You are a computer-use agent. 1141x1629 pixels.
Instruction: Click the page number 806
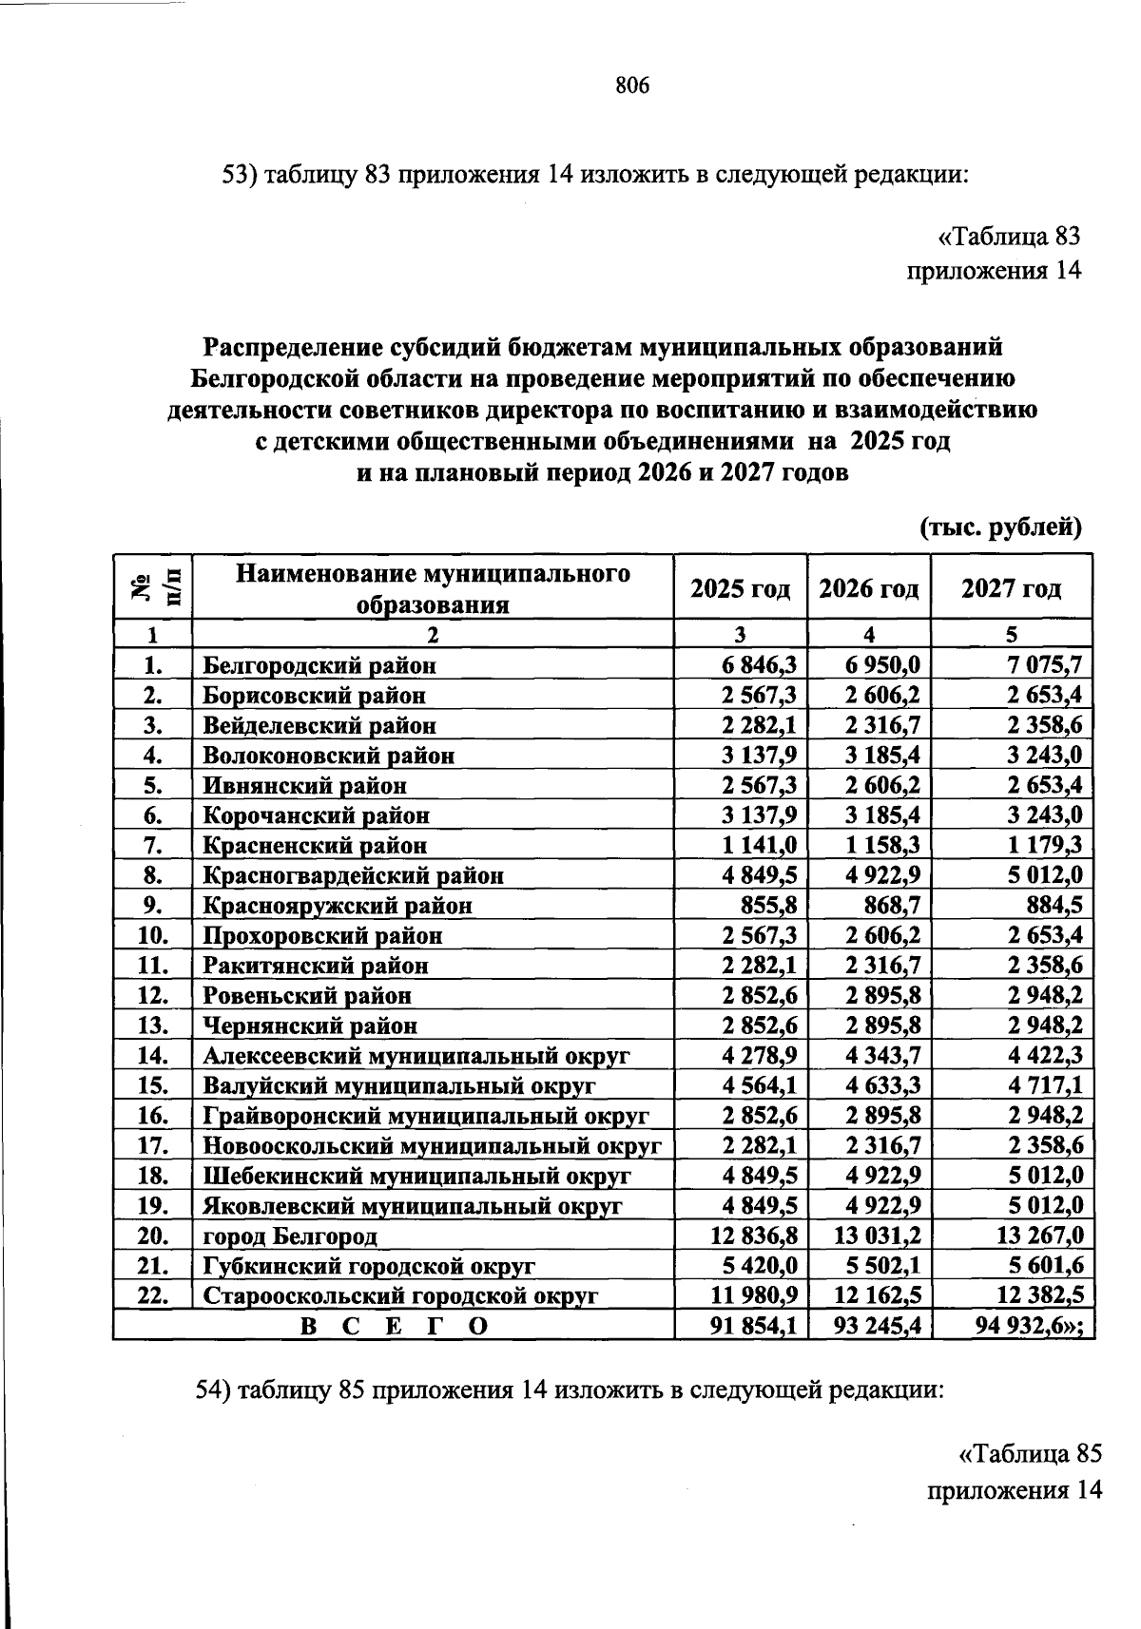pyautogui.click(x=632, y=86)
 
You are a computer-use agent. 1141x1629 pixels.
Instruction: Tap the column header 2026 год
pyautogui.click(x=869, y=589)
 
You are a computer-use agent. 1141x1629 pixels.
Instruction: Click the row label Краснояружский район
pyautogui.click(x=338, y=906)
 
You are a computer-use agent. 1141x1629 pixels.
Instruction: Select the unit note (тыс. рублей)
pyautogui.click(x=1000, y=527)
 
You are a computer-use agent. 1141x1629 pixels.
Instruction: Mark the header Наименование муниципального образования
pyautogui.click(x=433, y=589)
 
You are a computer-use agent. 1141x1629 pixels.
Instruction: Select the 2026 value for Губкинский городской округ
pyautogui.click(x=882, y=1266)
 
